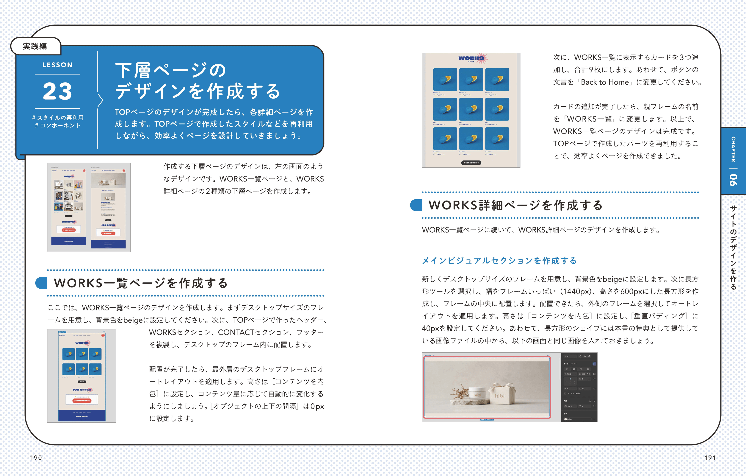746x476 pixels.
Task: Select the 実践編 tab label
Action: (35, 46)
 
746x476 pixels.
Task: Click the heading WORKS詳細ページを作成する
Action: (515, 205)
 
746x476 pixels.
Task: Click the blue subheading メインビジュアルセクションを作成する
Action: (499, 260)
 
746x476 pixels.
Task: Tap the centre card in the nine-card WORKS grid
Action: (471, 109)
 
